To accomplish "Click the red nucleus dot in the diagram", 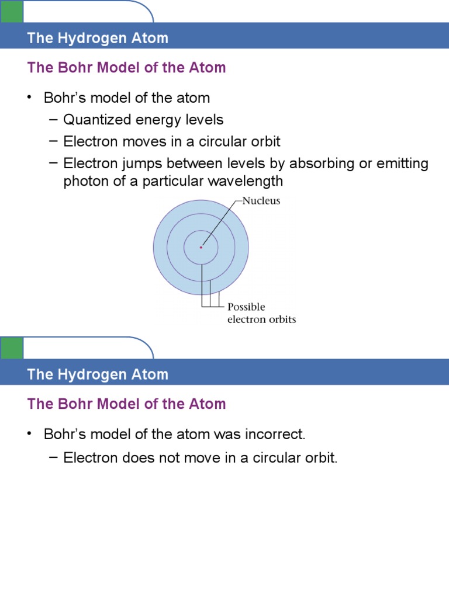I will click(201, 248).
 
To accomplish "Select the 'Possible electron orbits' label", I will click(261, 313).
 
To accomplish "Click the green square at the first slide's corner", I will click(11, 11).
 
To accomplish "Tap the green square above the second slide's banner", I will click(11, 348).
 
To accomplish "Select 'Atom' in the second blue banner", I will click(152, 375).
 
